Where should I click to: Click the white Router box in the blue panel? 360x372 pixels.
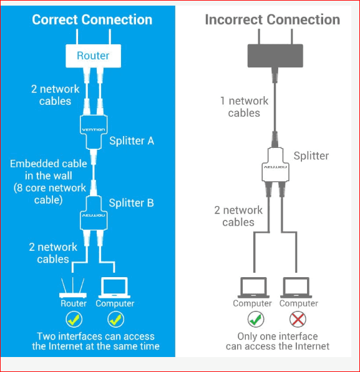[x=93, y=56]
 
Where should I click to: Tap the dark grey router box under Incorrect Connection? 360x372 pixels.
[x=275, y=56]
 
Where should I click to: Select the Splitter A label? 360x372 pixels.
[x=132, y=141]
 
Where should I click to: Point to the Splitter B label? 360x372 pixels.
[x=132, y=203]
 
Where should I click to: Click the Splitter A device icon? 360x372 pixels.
[x=94, y=132]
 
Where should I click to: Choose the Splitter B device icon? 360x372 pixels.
[x=94, y=213]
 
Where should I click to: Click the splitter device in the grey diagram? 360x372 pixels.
[x=275, y=165]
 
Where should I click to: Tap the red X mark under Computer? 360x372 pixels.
[x=298, y=319]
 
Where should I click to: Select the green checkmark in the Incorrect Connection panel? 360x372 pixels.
[x=256, y=319]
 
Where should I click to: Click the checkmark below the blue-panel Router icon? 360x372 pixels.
[x=74, y=319]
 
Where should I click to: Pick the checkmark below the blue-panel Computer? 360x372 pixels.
[x=115, y=319]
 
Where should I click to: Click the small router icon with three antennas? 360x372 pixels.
[x=73, y=288]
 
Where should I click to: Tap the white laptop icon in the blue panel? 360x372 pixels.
[x=115, y=288]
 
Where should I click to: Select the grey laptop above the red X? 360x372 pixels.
[x=296, y=288]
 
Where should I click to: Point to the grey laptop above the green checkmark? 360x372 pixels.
[x=253, y=288]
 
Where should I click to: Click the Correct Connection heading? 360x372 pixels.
[x=92, y=19]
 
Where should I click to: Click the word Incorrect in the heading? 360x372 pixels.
[x=234, y=19]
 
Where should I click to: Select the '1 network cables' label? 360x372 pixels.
[x=245, y=107]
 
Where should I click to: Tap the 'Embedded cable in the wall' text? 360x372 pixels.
[x=49, y=170]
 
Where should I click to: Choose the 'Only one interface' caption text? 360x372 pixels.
[x=278, y=336]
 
